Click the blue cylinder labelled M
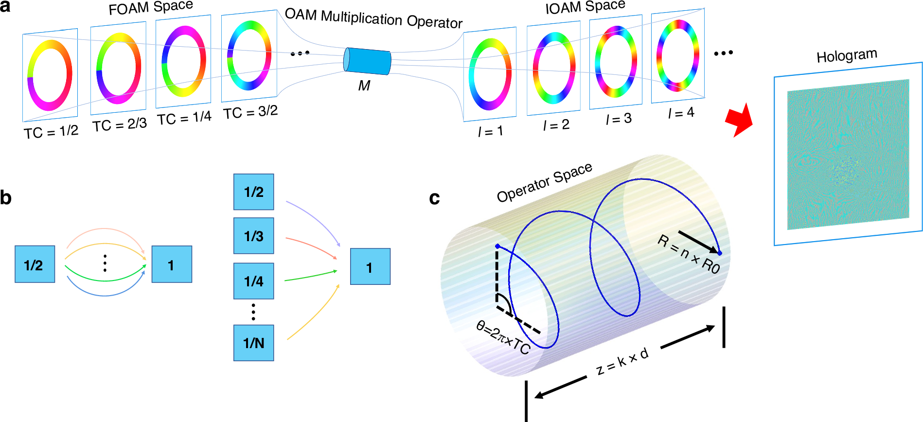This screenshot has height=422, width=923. pyautogui.click(x=368, y=61)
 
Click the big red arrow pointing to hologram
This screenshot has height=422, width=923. pyautogui.click(x=739, y=120)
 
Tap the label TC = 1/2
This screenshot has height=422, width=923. pyautogui.click(x=51, y=131)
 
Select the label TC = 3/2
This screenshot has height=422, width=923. pyautogui.click(x=250, y=112)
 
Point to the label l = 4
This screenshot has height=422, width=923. pyautogui.click(x=681, y=113)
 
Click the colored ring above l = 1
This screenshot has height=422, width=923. pyautogui.click(x=490, y=74)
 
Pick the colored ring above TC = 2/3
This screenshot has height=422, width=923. pyautogui.click(x=119, y=68)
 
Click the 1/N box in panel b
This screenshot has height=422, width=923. pyautogui.click(x=253, y=343)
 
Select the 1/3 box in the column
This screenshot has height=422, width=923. pyautogui.click(x=253, y=236)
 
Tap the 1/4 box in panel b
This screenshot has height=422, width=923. pyautogui.click(x=253, y=281)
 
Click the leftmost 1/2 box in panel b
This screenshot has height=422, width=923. pyautogui.click(x=35, y=264)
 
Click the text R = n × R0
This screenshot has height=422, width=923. pyautogui.click(x=689, y=254)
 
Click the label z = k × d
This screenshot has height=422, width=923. pyautogui.click(x=622, y=362)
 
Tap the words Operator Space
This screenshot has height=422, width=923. pyautogui.click(x=544, y=182)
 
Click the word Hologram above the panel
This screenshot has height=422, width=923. pyautogui.click(x=847, y=55)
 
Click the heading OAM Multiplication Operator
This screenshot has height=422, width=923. pyautogui.click(x=373, y=18)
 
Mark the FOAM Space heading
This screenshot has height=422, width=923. pyautogui.click(x=151, y=7)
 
